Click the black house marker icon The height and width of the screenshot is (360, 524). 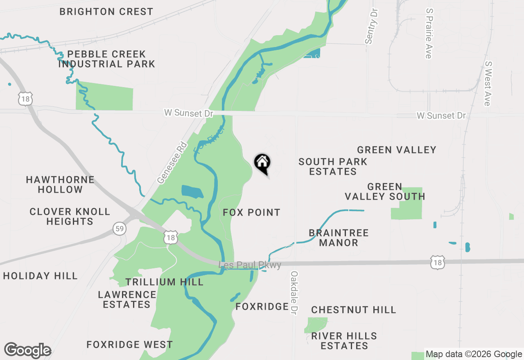pos(262,163)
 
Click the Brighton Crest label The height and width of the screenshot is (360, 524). pos(106,11)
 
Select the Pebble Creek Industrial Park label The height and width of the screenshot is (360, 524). pos(106,59)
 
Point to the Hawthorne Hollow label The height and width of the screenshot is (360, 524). pos(60,184)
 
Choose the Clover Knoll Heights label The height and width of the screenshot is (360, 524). pos(70,216)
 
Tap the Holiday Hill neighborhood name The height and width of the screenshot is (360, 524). pos(40,276)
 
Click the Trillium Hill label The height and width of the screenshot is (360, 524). pos(165,282)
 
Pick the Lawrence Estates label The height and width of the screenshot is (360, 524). pos(127,299)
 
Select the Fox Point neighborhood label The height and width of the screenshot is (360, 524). pos(252,212)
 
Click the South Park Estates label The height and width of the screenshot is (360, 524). pos(333,166)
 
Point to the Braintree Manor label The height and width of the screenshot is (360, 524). pos(339,238)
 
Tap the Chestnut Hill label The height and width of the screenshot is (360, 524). pos(354,310)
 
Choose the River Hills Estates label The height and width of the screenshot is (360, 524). pos(344,341)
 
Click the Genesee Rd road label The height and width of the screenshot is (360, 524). pos(172,163)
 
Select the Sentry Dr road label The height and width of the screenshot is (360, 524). pos(371,25)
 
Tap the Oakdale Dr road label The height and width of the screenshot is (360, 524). pos(294,292)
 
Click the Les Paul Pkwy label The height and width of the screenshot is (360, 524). pos(251,265)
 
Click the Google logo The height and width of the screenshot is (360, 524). pos(28,350)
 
